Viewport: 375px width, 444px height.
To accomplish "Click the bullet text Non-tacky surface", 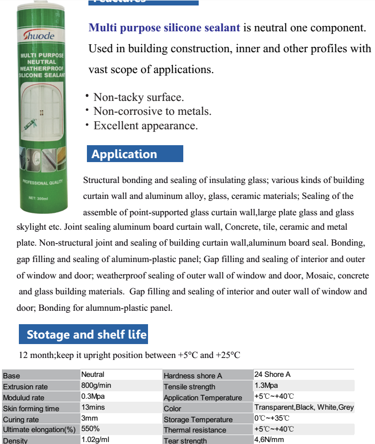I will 139,97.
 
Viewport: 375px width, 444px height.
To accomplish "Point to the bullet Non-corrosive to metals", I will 152,111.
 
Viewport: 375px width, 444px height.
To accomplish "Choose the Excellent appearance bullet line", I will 146,126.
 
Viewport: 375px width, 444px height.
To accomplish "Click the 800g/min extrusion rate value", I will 96,385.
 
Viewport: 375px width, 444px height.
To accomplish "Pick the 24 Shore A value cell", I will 273,374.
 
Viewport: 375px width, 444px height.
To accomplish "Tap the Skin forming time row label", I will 31,409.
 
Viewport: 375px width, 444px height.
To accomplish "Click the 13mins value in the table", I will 93,407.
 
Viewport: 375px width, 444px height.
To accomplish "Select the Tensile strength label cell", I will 190,387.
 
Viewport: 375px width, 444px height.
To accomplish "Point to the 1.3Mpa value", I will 267,385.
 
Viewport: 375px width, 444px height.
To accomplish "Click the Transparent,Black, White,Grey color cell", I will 304,407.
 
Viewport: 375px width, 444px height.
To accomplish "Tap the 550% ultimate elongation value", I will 91,429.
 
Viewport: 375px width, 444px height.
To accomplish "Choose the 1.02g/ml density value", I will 95,440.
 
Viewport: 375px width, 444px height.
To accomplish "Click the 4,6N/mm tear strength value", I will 269,440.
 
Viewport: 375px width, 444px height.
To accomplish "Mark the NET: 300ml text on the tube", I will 38,199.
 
